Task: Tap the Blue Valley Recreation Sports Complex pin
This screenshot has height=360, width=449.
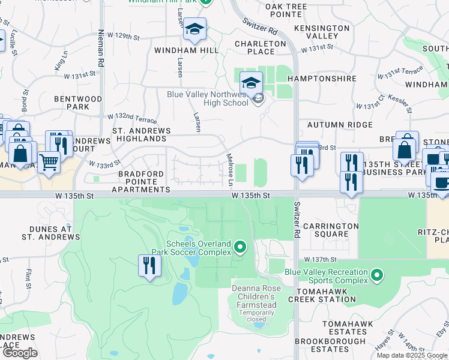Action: pos(376,275)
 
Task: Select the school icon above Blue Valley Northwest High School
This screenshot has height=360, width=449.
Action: pos(252,82)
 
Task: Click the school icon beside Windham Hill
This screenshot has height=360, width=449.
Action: pos(194,29)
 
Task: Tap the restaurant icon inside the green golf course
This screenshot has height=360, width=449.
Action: pos(149,265)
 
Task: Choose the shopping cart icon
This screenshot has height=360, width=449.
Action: pos(49,161)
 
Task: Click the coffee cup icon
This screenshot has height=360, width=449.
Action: pos(441,182)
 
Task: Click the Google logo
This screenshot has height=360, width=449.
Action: pos(20,352)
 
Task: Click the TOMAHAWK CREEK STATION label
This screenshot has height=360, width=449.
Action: pos(322,294)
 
